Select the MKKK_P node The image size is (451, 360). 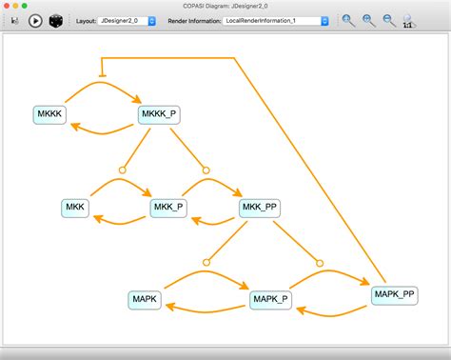158,114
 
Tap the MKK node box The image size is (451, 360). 75,208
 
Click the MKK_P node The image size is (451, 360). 167,208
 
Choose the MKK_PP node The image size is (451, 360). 260,208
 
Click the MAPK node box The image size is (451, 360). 145,300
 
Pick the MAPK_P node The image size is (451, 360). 269,300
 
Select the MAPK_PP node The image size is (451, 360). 394,294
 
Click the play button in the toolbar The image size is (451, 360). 35,20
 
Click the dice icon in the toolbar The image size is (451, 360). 57,20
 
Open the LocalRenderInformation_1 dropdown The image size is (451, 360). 277,20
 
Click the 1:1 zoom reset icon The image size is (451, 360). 408,20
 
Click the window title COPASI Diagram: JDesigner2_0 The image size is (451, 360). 225,6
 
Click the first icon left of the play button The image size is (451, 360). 14,20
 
